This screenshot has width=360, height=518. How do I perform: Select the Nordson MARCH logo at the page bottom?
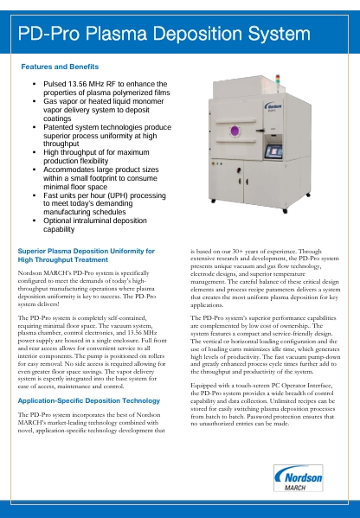(295, 476)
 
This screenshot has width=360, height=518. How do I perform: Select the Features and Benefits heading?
(60, 67)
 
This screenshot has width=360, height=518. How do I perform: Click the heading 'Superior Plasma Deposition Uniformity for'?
(87, 251)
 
